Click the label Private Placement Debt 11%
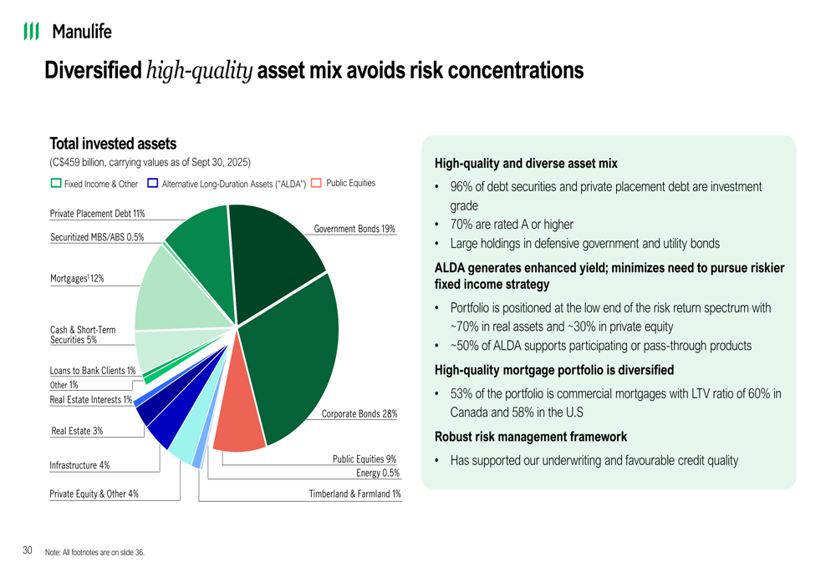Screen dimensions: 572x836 pyautogui.click(x=97, y=214)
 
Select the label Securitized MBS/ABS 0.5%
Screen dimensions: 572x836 pyautogui.click(x=97, y=237)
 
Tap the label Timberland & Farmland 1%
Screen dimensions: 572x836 pyautogui.click(x=354, y=494)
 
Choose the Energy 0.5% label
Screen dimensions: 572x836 pyautogui.click(x=377, y=473)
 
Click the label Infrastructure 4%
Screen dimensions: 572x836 pyautogui.click(x=79, y=465)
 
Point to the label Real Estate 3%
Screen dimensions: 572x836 pyautogui.click(x=77, y=431)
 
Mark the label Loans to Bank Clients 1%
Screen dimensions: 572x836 pyautogui.click(x=92, y=370)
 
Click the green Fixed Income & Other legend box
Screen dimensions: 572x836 pyautogui.click(x=56, y=183)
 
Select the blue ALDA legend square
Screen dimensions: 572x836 pyautogui.click(x=153, y=183)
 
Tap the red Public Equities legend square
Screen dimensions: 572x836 pyautogui.click(x=316, y=183)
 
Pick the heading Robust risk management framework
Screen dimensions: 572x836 pyautogui.click(x=531, y=436)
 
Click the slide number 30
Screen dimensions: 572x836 pyautogui.click(x=28, y=550)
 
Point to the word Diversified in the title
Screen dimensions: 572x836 pyautogui.click(x=92, y=70)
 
